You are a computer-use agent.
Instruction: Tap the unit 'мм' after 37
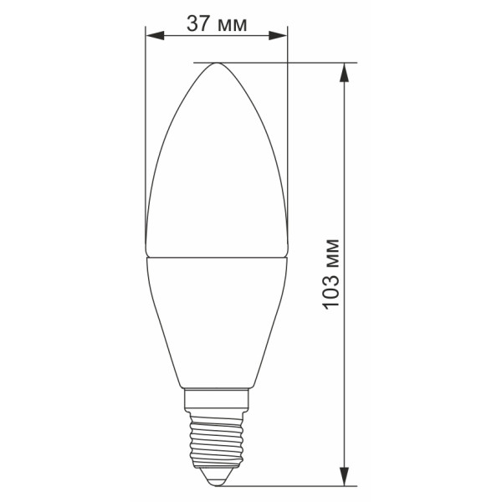pyautogui.click(x=232, y=26)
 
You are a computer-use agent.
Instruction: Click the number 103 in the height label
pyautogui.click(x=330, y=290)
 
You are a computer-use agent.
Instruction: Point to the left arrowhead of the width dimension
pyautogui.click(x=155, y=35)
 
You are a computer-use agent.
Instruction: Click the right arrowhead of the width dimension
pyautogui.click(x=278, y=35)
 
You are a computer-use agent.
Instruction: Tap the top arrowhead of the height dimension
pyautogui.click(x=344, y=72)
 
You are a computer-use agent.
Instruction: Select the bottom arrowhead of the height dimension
pyautogui.click(x=344, y=477)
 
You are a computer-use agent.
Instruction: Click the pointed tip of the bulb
pyautogui.click(x=217, y=64)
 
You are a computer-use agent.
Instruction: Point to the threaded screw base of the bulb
pyautogui.click(x=217, y=439)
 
